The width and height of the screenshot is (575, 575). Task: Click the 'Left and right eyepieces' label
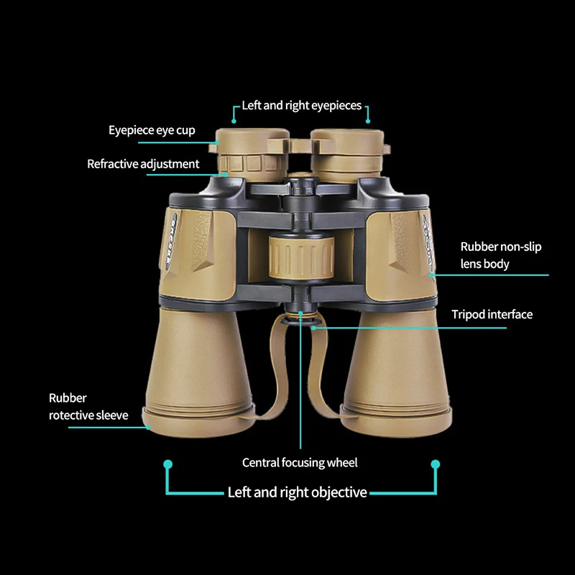(x=302, y=106)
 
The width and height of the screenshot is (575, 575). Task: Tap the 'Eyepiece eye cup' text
(x=152, y=131)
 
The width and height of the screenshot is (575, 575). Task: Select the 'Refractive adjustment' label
(x=143, y=164)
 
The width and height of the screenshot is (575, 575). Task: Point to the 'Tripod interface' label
(x=492, y=315)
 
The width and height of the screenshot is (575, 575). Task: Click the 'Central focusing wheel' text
(x=300, y=463)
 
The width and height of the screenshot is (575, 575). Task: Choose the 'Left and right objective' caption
(x=297, y=492)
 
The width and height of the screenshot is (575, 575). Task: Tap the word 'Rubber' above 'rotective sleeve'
(x=68, y=398)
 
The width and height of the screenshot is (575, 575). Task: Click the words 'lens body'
(x=484, y=264)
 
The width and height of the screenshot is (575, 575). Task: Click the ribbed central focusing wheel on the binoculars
(x=301, y=257)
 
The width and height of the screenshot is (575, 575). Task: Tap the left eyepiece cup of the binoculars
(x=252, y=141)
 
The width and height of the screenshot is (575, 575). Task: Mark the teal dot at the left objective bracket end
(x=168, y=464)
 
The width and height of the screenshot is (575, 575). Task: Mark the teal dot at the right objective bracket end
(x=436, y=464)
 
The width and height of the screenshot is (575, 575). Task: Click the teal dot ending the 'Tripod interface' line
(x=314, y=328)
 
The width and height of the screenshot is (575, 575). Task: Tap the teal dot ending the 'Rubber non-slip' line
(x=432, y=275)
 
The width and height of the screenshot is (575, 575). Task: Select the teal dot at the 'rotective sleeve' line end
(x=148, y=427)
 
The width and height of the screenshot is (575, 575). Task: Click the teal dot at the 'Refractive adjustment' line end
(x=226, y=175)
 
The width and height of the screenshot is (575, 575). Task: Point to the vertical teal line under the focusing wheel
(x=300, y=382)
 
